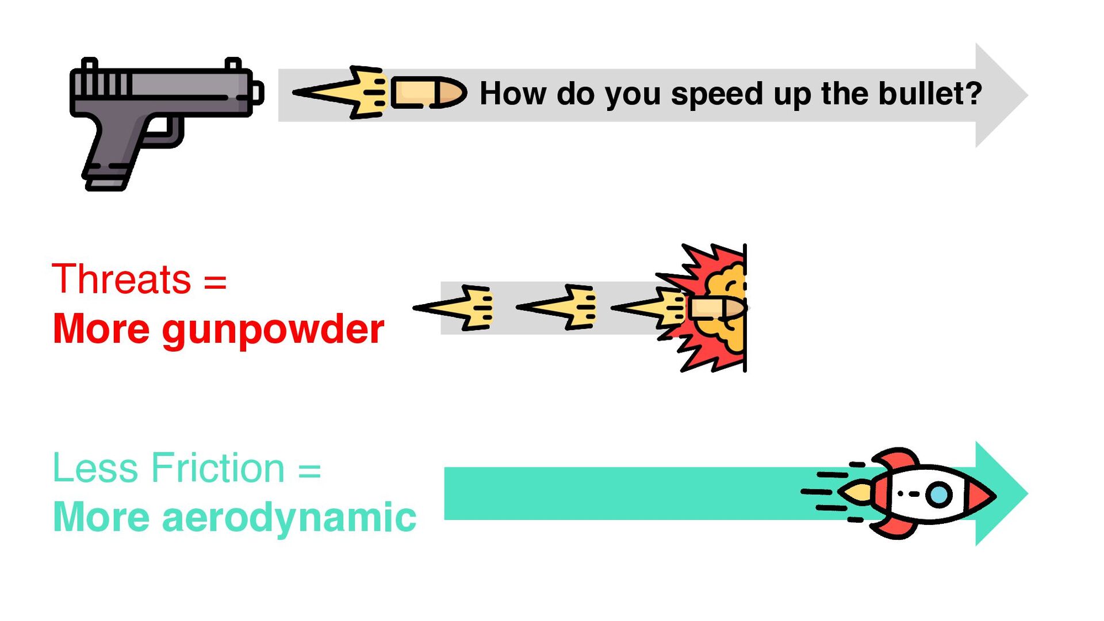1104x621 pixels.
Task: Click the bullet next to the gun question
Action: (x=429, y=93)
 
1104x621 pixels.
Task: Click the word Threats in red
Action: (x=121, y=279)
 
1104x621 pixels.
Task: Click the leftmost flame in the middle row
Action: (x=454, y=308)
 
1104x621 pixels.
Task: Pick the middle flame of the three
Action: (x=557, y=307)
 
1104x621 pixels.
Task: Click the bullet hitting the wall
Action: (x=718, y=308)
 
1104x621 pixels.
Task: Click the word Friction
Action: (x=218, y=468)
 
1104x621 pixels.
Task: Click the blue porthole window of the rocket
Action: (x=940, y=494)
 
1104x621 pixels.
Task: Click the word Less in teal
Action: (x=95, y=468)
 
